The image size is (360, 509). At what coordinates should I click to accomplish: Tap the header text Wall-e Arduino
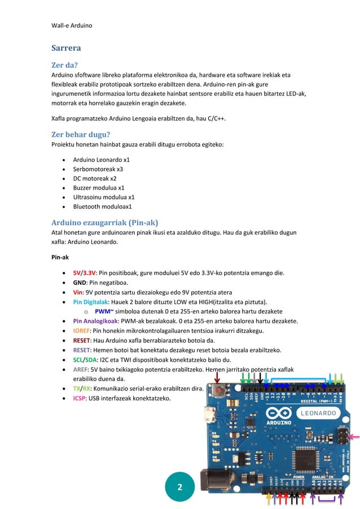72,26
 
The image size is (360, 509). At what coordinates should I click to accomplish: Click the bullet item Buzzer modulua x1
99,187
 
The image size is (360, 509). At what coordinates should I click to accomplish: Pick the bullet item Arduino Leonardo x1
102,160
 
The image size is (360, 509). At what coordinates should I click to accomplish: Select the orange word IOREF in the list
82,331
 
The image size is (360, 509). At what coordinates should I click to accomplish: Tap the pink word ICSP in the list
80,398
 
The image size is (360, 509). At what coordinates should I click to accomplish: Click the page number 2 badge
180,486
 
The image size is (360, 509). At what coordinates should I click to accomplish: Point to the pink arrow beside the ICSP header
355,437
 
